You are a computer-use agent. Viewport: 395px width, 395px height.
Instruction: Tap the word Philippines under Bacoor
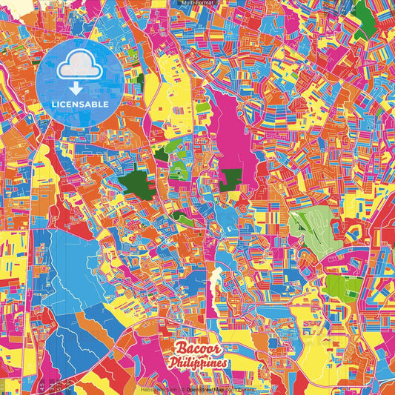click(198, 363)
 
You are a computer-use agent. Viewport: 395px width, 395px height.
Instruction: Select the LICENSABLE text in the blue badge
click(80, 104)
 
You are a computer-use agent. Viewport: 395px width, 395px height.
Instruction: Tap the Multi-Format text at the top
click(197, 3)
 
